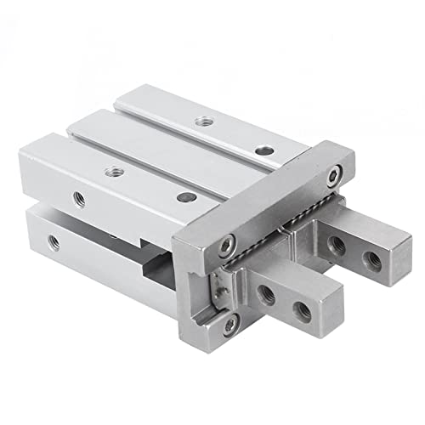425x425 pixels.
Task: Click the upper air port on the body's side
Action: [x=79, y=199]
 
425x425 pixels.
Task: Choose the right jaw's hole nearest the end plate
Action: [x=337, y=245]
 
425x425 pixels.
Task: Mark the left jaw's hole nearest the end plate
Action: [x=267, y=295]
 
